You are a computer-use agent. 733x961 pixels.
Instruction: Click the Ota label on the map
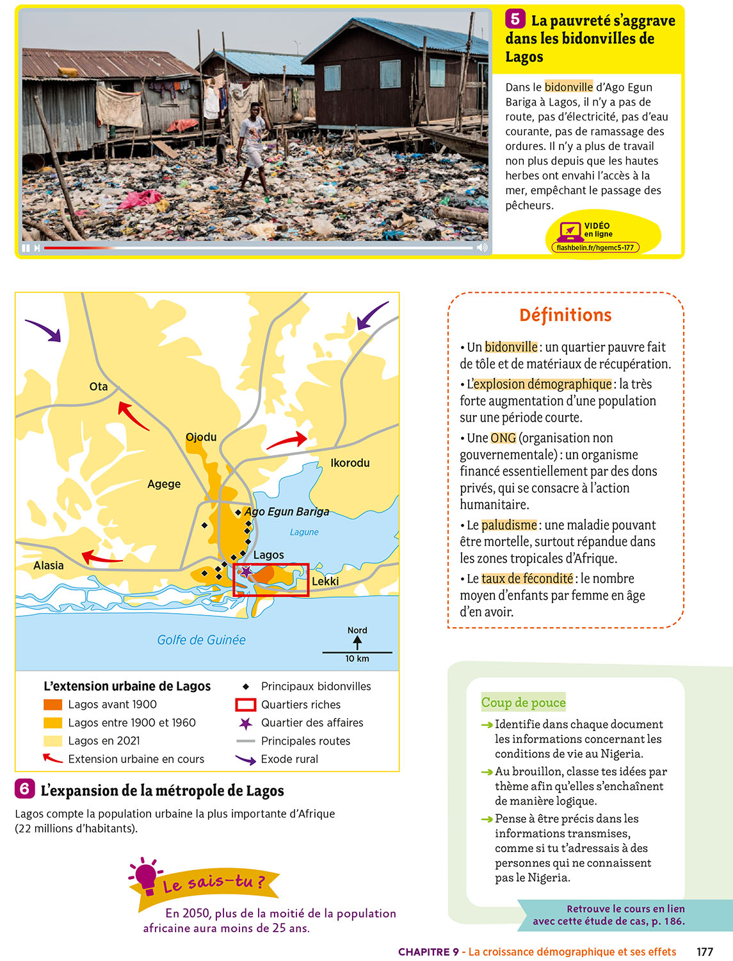click(x=99, y=386)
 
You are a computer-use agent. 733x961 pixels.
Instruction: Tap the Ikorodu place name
click(x=350, y=463)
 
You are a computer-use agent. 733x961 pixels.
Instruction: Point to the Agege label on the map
click(x=164, y=484)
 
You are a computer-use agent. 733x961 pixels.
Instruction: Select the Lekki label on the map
click(x=325, y=581)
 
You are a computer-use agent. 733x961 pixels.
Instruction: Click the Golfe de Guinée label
click(x=201, y=639)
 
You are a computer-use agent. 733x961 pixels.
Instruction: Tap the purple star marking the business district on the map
click(x=245, y=572)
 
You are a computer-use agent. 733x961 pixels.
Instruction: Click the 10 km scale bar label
click(x=357, y=659)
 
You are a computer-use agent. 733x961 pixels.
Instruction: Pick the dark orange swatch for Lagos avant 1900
click(x=52, y=704)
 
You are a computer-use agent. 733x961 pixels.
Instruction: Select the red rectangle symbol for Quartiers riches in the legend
click(x=245, y=705)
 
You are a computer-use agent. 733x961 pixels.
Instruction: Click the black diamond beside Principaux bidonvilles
click(x=245, y=686)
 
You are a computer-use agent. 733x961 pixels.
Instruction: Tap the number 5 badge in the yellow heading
click(x=515, y=19)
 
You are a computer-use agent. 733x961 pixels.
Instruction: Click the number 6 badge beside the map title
click(x=24, y=789)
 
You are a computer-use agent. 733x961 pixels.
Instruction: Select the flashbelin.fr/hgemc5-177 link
click(x=595, y=247)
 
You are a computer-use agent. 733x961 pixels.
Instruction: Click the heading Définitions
click(x=565, y=315)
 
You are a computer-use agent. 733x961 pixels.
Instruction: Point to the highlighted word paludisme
click(x=509, y=525)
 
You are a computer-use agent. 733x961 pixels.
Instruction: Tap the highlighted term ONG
click(x=503, y=438)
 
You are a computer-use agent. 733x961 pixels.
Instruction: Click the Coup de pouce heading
click(x=523, y=702)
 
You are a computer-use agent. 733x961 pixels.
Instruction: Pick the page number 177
click(x=705, y=951)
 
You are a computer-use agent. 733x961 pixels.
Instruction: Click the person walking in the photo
click(x=253, y=144)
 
